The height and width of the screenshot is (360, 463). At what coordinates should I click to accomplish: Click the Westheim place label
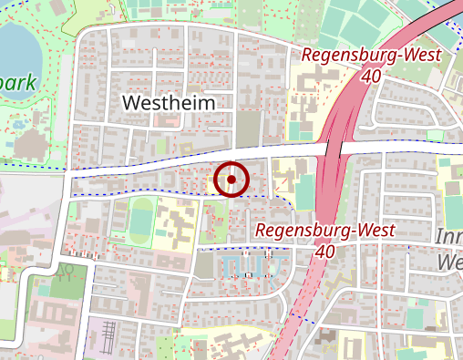169,103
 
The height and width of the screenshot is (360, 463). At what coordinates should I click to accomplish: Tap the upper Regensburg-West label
371,56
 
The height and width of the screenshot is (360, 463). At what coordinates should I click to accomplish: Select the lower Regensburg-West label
324,230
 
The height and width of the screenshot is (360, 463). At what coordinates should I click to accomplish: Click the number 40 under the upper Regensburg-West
371,77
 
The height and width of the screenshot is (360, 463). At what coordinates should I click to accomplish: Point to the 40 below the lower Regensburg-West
324,251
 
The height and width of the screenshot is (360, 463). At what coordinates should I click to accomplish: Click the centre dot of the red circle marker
231,180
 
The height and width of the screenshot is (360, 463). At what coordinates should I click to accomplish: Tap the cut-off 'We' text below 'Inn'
450,262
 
